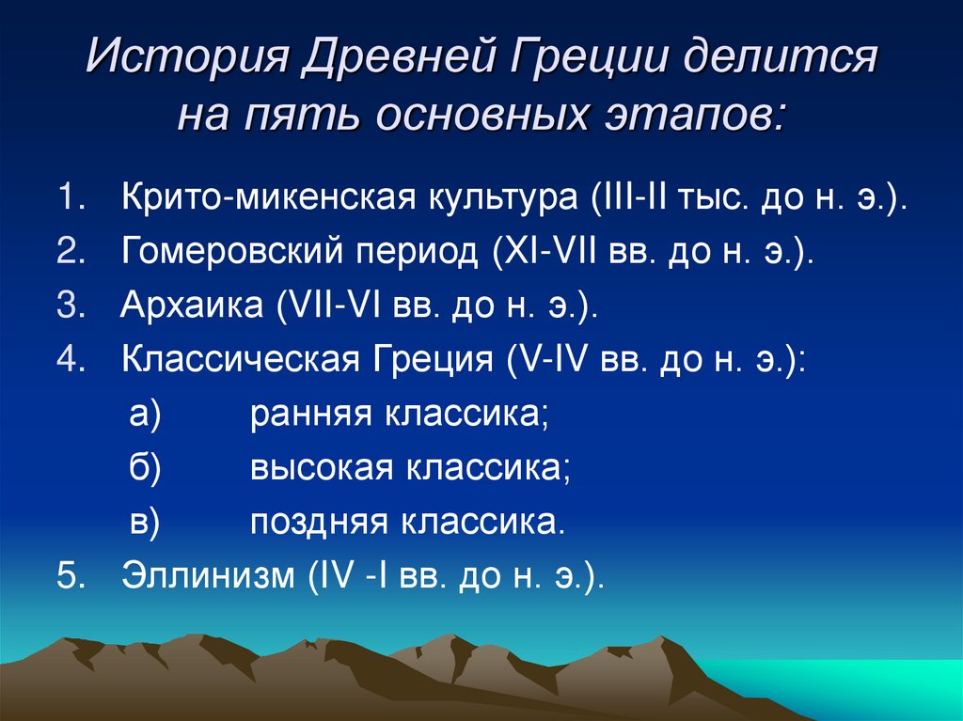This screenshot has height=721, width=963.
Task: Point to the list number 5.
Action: [x=69, y=575]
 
